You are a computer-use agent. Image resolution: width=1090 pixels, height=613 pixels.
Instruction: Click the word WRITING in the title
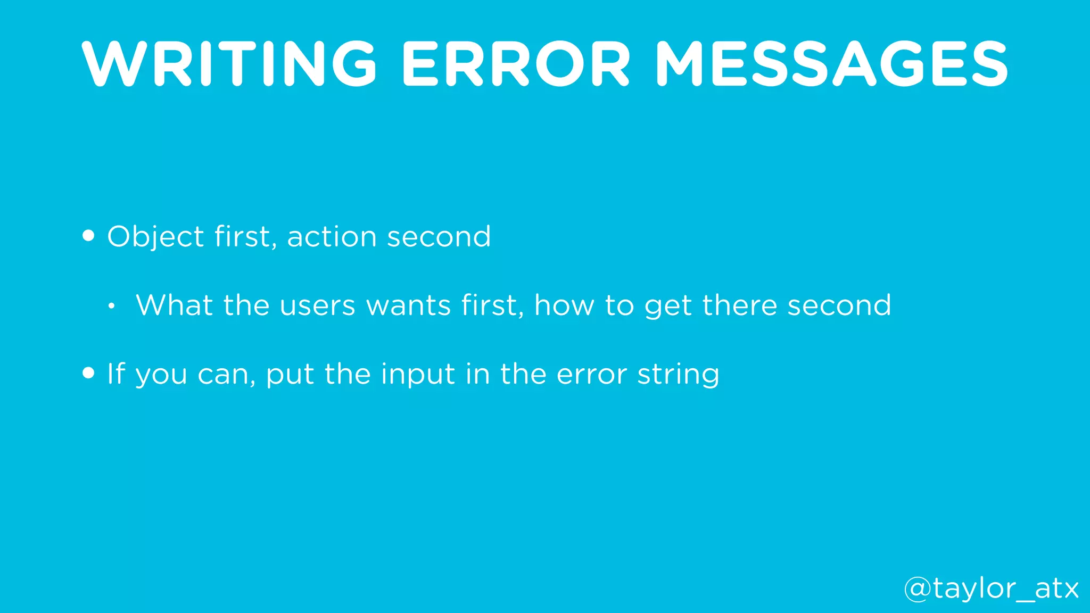click(x=229, y=64)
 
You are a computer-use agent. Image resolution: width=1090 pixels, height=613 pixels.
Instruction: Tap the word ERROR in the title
click(x=516, y=64)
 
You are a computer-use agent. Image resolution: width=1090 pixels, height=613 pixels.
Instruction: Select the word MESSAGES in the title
click(x=831, y=64)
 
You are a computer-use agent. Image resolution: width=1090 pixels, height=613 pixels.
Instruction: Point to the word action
click(x=332, y=236)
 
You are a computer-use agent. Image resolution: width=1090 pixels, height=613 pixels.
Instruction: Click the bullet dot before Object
click(x=89, y=236)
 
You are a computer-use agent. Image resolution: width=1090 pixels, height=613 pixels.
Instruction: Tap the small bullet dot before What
click(x=111, y=306)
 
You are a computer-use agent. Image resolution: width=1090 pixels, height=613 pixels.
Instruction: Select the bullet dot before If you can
click(x=89, y=373)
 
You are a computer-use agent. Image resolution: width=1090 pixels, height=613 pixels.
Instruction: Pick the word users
click(x=317, y=305)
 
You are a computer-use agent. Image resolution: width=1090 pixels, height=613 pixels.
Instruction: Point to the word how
click(x=564, y=305)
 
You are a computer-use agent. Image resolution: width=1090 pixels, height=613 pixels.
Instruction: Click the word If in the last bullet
click(x=116, y=374)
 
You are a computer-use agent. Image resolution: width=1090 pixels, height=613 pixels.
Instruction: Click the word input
click(x=418, y=374)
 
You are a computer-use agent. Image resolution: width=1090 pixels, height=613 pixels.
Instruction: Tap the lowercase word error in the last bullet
click(x=591, y=374)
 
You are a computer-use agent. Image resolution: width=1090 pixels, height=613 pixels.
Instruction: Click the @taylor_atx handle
click(x=991, y=589)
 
